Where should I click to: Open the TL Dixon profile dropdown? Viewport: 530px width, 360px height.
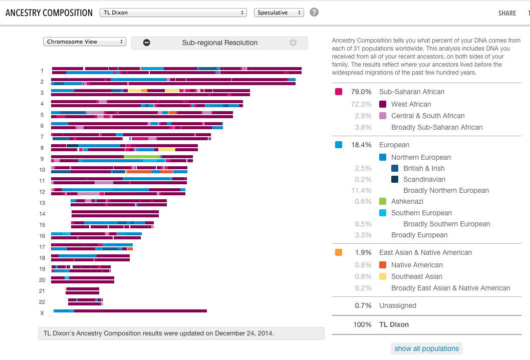(x=173, y=13)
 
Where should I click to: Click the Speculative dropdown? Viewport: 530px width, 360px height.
(x=279, y=13)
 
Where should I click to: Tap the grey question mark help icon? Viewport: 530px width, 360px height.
(x=314, y=12)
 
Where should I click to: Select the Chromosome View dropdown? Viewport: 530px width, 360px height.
(x=84, y=42)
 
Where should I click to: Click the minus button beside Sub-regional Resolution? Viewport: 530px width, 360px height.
(x=147, y=43)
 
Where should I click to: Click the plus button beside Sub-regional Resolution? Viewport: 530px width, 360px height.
(x=293, y=43)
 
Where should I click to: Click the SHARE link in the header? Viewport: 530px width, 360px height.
(x=507, y=14)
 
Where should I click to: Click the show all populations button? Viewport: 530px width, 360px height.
(x=426, y=348)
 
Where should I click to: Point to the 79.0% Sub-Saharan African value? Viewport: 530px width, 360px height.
(x=361, y=92)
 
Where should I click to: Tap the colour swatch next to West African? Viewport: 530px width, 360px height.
(x=383, y=104)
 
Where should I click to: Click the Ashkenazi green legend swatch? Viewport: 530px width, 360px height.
(x=383, y=201)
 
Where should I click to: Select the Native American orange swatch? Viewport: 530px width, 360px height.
(x=383, y=265)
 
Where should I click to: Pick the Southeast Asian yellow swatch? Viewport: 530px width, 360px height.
(x=383, y=276)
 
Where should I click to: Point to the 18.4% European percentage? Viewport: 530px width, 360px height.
(x=361, y=145)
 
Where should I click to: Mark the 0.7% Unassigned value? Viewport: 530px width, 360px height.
(x=363, y=305)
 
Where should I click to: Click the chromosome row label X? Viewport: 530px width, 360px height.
(x=42, y=313)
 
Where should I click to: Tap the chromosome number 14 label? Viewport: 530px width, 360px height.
(x=42, y=214)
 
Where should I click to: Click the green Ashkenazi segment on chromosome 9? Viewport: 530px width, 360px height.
(x=142, y=157)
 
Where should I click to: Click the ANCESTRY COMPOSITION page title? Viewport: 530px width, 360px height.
(x=49, y=13)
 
